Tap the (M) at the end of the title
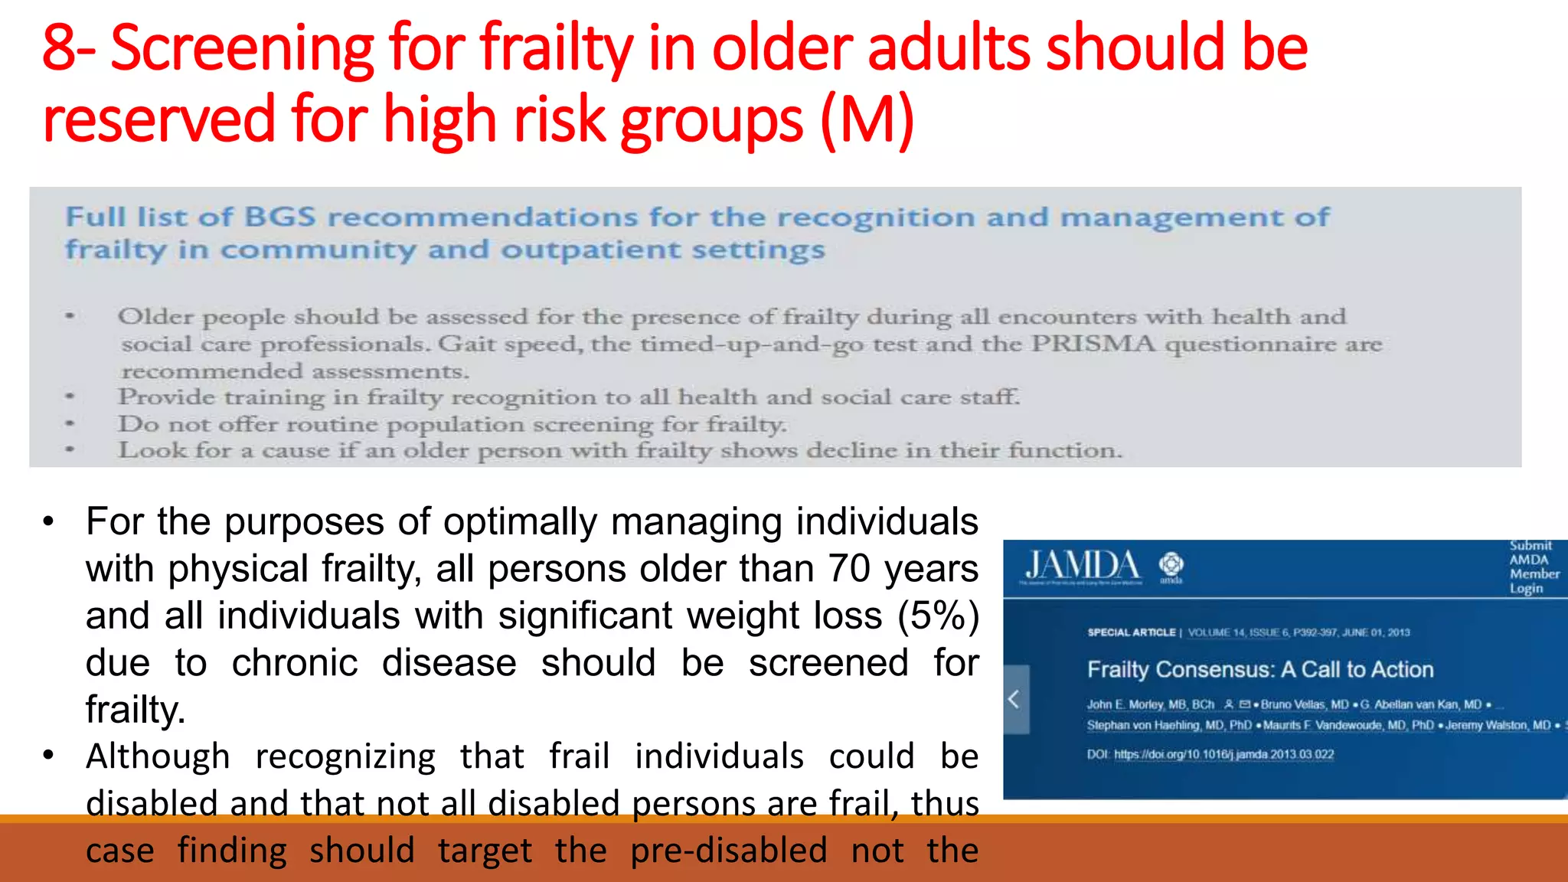[x=867, y=120]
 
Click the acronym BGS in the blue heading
[x=279, y=217]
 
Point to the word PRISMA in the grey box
[x=1093, y=344]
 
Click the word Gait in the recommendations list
[x=465, y=344]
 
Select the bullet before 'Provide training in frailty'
[x=70, y=397]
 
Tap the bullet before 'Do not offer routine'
[x=70, y=423]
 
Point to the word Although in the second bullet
[x=158, y=756]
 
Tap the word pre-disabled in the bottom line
[x=728, y=851]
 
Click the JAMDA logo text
[x=1082, y=566]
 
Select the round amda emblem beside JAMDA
[x=1171, y=565]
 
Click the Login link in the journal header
[x=1526, y=589]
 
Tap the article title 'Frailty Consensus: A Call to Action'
[x=1260, y=670]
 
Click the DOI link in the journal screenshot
[x=1223, y=755]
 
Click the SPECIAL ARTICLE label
[x=1131, y=632]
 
